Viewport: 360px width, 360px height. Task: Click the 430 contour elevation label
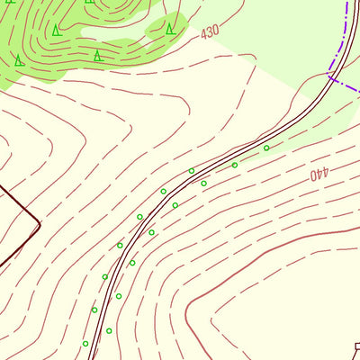210,32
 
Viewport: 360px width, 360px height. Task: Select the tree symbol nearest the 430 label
170,29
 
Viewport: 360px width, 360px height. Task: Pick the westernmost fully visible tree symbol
19,61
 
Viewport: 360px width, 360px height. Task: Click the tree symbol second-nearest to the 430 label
97,56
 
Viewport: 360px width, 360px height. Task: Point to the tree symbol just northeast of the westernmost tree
56,31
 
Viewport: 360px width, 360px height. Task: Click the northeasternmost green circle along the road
266,148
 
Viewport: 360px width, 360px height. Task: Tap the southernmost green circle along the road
85,343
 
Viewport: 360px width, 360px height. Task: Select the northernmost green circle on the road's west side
191,171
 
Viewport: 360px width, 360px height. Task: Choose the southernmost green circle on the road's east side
109,330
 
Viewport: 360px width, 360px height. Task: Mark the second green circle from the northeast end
235,165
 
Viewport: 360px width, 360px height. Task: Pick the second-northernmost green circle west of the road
163,191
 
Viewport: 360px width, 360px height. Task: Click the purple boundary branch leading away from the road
346,85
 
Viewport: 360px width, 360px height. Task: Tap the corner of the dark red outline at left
40,220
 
